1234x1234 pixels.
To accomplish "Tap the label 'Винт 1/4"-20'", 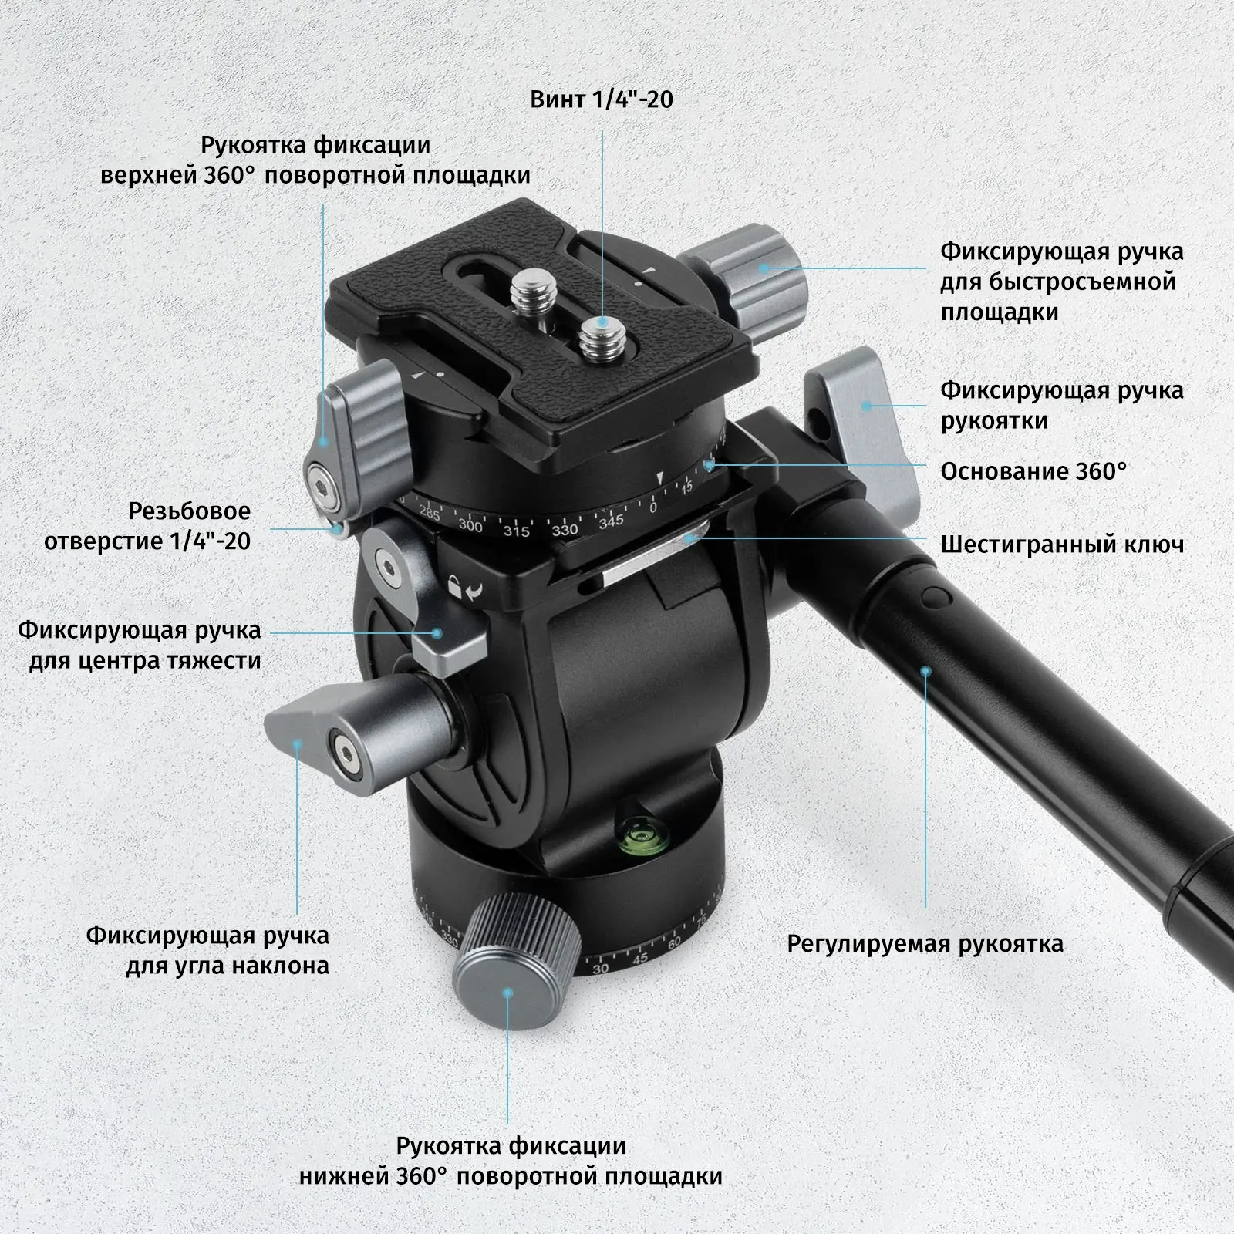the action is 602,99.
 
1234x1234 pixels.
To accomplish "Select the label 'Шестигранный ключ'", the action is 1062,545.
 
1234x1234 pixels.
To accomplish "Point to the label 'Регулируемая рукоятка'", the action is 925,943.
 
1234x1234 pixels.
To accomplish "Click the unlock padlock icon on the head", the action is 457,588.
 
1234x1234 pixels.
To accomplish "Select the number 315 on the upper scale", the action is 516,531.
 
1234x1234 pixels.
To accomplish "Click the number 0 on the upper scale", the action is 653,507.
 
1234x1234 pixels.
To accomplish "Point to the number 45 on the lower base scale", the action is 639,959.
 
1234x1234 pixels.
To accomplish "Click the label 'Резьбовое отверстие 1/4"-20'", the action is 147,526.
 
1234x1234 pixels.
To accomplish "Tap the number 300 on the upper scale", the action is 470,526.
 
